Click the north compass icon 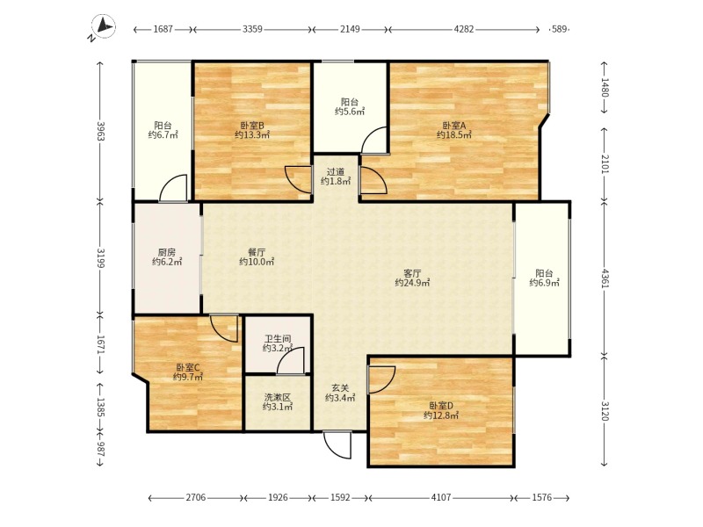[104, 26]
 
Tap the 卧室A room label [454, 126]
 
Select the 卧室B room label [251, 126]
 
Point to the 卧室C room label [188, 368]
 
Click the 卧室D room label [441, 406]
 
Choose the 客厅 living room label [412, 273]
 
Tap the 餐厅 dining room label [257, 252]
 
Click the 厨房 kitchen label [167, 252]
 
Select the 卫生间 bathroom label [278, 339]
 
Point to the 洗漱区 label [278, 397]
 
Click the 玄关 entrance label [340, 388]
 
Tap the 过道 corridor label [336, 171]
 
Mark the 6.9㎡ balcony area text [544, 283]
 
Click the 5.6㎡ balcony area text [350, 112]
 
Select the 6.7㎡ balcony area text [163, 135]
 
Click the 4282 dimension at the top [464, 29]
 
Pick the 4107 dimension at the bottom [441, 497]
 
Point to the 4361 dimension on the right [605, 278]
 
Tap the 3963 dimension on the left [100, 131]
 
